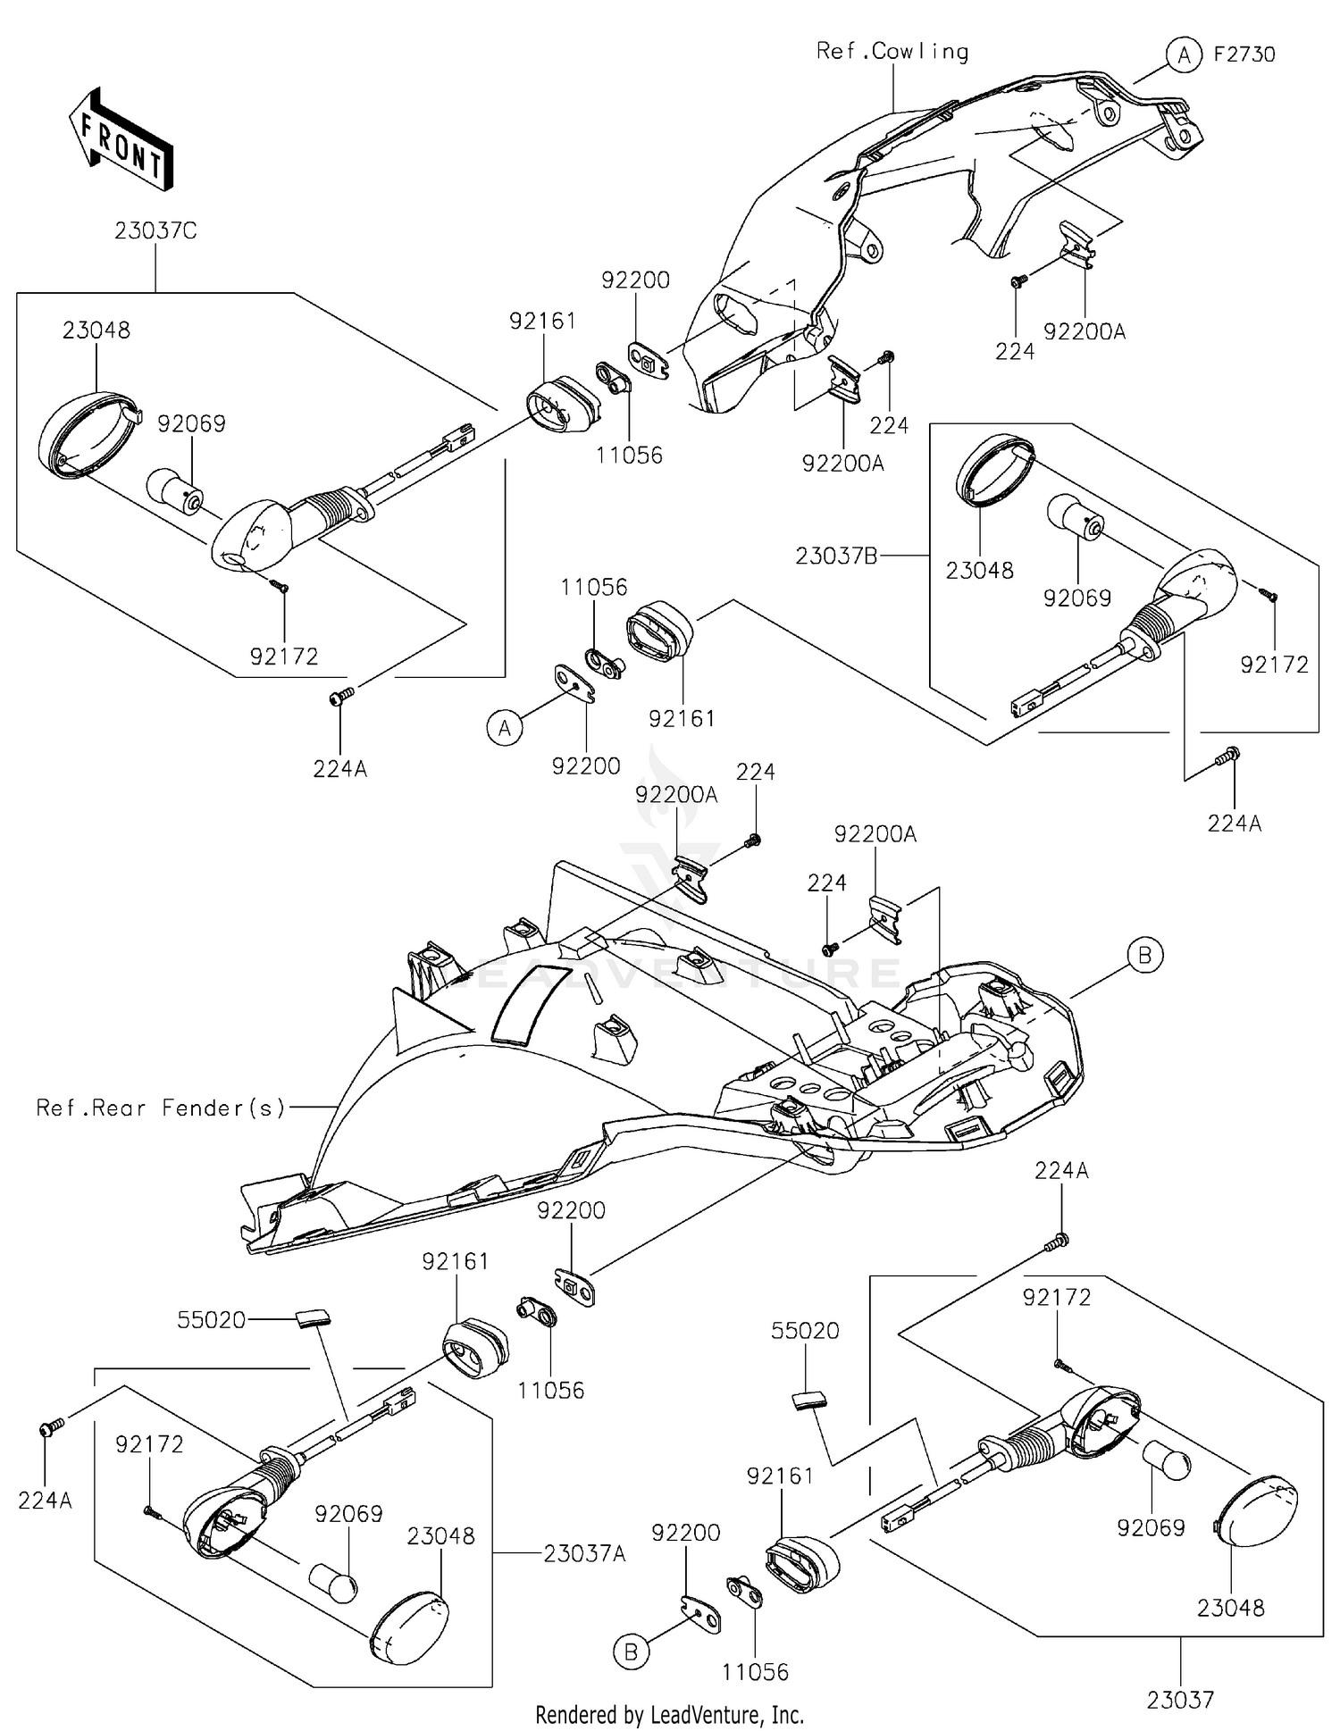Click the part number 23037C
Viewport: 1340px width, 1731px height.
pos(155,231)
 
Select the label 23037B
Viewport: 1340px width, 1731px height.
pos(836,556)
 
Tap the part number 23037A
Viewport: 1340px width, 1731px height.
pos(584,1554)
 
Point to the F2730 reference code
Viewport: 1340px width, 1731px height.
pos(1244,54)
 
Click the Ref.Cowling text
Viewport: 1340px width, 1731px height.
pos(892,52)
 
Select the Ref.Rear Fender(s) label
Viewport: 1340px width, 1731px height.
pos(161,1108)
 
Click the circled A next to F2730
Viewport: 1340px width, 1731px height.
pos(1184,55)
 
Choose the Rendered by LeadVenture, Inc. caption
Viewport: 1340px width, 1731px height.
pos(670,1715)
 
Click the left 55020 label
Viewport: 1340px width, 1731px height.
pos(211,1320)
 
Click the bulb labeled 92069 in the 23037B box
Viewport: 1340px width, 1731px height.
pos(1076,517)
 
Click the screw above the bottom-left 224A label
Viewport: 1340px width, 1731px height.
pos(52,1430)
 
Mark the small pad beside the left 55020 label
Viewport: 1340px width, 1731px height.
pos(312,1317)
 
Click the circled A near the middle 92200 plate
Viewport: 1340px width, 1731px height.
pos(505,729)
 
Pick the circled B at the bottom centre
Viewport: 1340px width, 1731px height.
pos(631,1653)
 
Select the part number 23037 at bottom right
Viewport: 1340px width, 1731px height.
pos(1180,1701)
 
